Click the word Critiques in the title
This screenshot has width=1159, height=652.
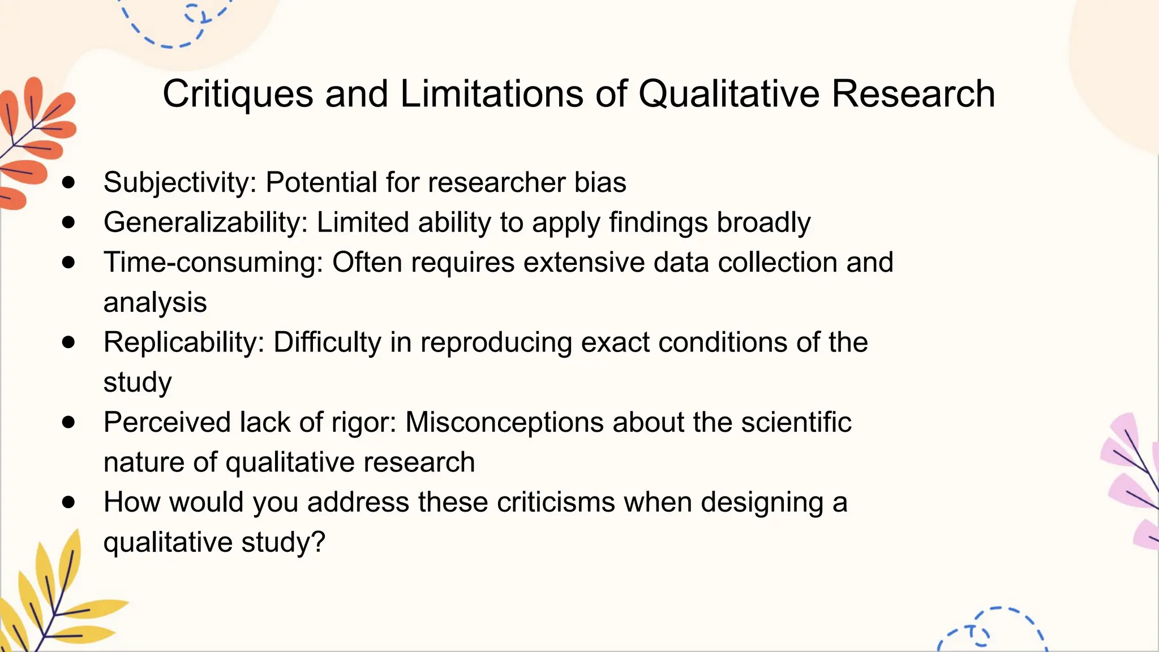238,94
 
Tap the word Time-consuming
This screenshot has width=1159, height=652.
213,263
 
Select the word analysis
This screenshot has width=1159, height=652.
155,303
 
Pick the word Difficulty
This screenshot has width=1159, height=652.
327,342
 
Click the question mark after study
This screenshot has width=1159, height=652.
319,542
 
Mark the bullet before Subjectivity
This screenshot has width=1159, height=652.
68,182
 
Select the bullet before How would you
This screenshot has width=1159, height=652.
68,502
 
